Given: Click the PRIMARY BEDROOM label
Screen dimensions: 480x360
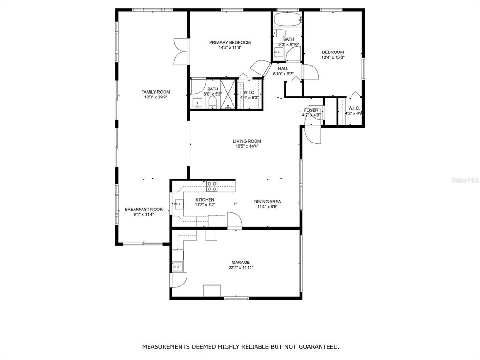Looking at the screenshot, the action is (230, 42).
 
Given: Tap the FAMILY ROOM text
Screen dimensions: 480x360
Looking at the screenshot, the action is (156, 92).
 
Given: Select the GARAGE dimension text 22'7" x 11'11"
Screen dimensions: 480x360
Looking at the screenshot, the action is (241, 267).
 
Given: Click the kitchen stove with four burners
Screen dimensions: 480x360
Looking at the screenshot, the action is (212, 187).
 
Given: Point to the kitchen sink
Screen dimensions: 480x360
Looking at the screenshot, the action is (179, 203).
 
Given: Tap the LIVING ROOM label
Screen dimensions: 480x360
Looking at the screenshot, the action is (247, 141).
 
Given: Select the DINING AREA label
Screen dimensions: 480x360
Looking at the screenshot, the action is (268, 202).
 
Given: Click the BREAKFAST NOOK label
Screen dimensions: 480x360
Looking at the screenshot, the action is (143, 210).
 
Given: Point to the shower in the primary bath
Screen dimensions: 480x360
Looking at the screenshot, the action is (227, 94).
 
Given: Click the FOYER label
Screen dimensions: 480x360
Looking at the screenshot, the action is (311, 110).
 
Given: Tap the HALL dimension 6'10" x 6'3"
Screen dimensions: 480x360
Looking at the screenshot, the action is (284, 74).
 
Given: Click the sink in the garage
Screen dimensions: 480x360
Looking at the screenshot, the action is (178, 267).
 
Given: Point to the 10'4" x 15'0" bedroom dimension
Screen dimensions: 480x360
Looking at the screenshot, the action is (333, 57).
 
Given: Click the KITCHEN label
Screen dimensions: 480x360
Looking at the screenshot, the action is (205, 200).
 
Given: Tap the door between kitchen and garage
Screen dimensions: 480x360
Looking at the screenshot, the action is (235, 220).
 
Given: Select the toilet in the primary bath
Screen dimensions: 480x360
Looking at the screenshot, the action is (213, 103).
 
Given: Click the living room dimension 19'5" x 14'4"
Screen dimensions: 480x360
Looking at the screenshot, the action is (247, 146).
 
